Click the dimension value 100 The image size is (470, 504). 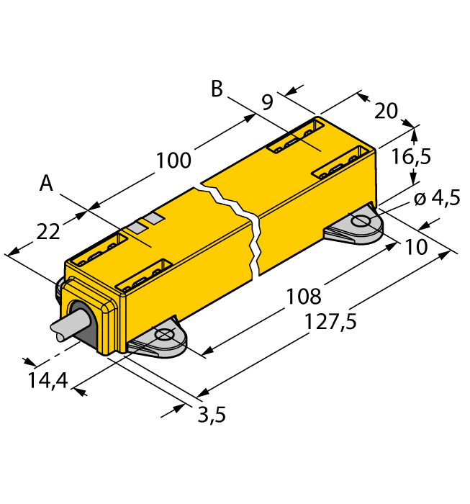pyautogui.click(x=174, y=160)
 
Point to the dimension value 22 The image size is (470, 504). pyautogui.click(x=48, y=232)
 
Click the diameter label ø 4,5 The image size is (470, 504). pyautogui.click(x=436, y=199)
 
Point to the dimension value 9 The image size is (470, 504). pyautogui.click(x=267, y=102)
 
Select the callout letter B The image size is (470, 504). pyautogui.click(x=216, y=89)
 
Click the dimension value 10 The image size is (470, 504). pyautogui.click(x=415, y=247)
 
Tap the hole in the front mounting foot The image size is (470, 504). pyautogui.click(x=164, y=335)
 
